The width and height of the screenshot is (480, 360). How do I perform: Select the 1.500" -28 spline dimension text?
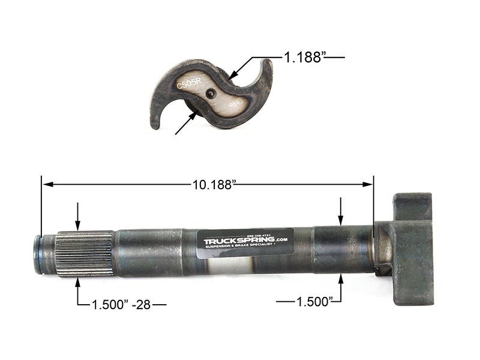tap(121, 304)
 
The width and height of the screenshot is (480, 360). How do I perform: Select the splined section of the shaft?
tap(85, 253)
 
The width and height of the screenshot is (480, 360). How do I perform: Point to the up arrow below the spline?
tap(77, 283)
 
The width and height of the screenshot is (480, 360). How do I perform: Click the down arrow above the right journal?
tap(341, 218)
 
